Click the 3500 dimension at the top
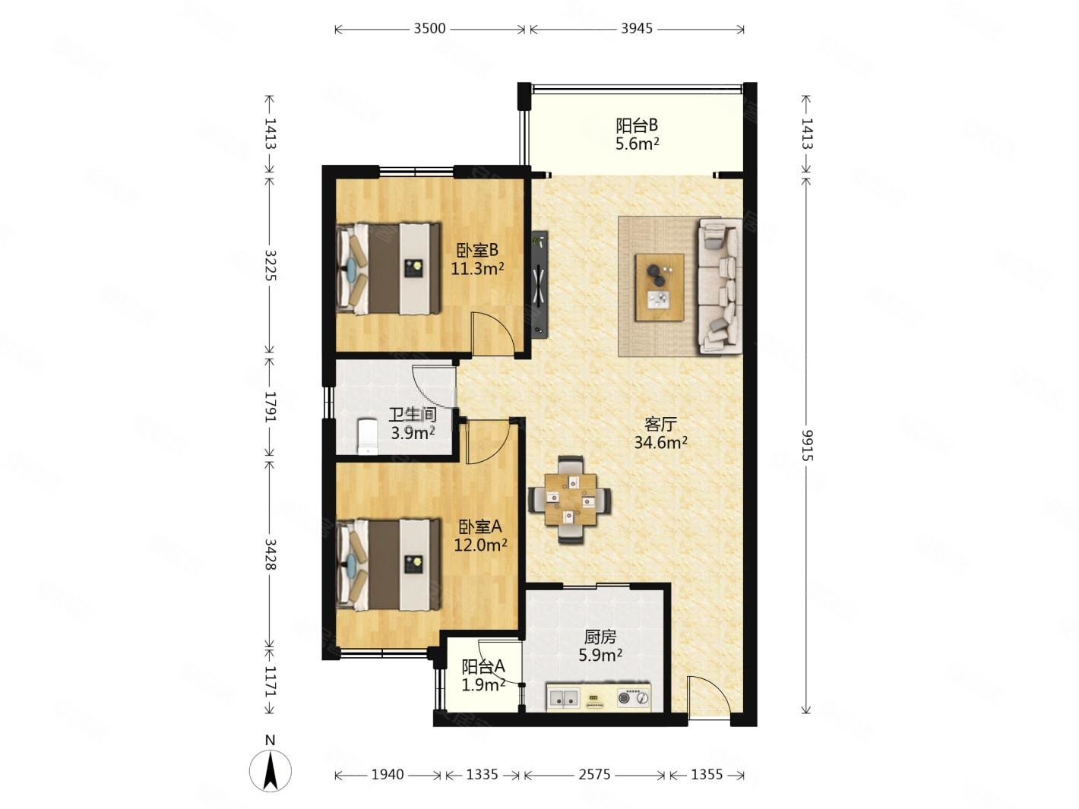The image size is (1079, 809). (x=429, y=29)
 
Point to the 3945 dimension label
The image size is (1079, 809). (x=637, y=29)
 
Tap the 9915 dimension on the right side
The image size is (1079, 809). (x=807, y=445)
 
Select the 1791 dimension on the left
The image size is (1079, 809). (x=270, y=406)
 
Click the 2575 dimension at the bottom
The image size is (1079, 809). (x=594, y=775)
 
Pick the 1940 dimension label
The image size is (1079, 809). (x=388, y=775)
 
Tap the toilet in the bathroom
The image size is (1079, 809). (x=367, y=436)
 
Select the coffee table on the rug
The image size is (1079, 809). (x=660, y=287)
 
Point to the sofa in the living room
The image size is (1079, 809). (x=720, y=286)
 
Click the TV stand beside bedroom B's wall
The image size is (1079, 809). (x=539, y=284)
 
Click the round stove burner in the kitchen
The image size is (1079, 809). (x=625, y=697)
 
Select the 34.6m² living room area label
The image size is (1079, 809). (x=660, y=443)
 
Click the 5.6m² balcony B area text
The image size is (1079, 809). (x=637, y=144)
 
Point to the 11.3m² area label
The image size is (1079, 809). (x=477, y=269)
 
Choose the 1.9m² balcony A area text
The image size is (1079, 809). (x=483, y=684)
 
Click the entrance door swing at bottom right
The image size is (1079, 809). (x=710, y=697)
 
